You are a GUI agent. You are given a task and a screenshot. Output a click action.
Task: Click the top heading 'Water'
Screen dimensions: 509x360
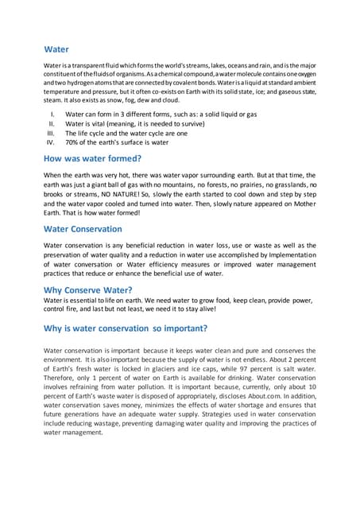pos(57,49)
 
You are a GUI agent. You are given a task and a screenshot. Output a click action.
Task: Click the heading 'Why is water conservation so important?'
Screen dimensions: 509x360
pos(126,327)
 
